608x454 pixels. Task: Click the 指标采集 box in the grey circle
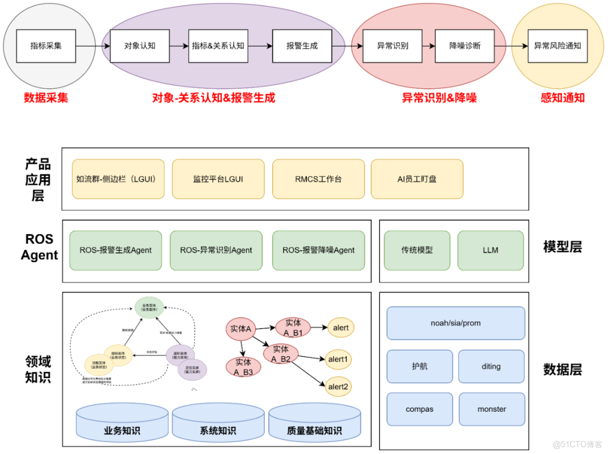tap(46, 46)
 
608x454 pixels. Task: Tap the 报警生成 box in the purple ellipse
tap(302, 46)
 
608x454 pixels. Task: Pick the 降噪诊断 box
tap(464, 46)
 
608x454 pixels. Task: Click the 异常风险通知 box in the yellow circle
tap(557, 46)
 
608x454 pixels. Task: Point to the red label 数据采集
tap(46, 97)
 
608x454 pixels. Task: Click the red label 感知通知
tap(562, 97)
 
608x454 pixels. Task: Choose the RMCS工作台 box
tap(318, 179)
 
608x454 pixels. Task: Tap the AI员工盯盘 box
tap(417, 179)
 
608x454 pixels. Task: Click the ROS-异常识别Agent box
tap(216, 250)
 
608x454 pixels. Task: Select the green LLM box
tap(490, 250)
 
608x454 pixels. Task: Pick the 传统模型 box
tap(417, 250)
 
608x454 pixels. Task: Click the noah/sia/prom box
tap(455, 323)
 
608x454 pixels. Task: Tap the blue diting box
tap(491, 366)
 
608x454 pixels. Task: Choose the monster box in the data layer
tap(491, 409)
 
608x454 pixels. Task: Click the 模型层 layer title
tap(562, 247)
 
